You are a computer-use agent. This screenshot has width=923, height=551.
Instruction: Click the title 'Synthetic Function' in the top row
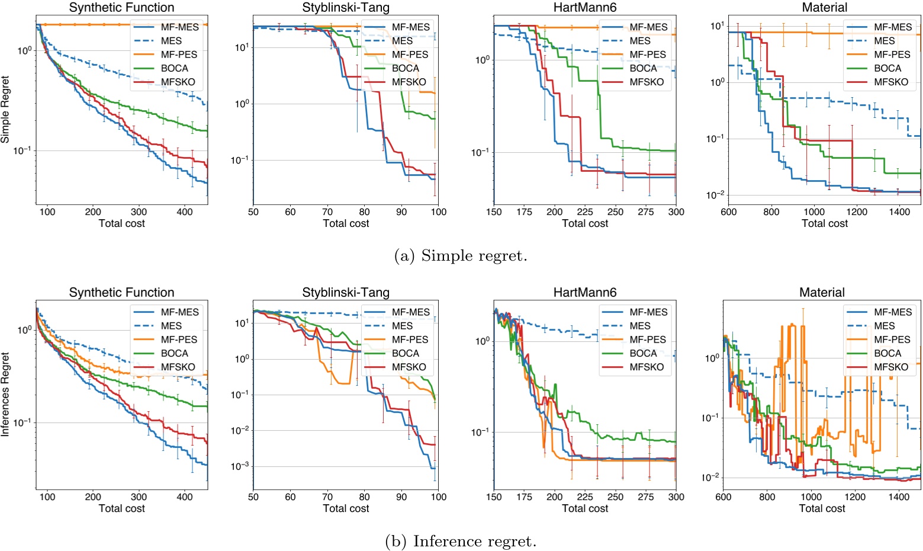point(121,8)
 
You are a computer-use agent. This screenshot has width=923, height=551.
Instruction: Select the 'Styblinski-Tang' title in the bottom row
point(346,293)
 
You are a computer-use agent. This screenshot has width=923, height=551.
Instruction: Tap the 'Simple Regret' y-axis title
point(5,110)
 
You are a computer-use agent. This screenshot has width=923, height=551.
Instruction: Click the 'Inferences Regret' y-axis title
point(5,395)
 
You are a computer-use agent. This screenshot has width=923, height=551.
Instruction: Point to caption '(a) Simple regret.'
point(460,256)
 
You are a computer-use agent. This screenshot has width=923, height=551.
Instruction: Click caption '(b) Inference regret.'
point(460,541)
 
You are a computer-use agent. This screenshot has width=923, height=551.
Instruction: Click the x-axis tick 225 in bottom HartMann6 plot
point(586,497)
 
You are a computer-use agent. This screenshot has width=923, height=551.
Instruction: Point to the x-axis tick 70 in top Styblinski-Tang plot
point(327,212)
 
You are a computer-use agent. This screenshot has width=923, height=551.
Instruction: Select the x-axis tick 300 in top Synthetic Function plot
point(139,212)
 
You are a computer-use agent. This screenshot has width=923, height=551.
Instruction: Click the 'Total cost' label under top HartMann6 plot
point(585,223)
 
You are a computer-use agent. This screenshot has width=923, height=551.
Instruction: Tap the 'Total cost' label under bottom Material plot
point(822,508)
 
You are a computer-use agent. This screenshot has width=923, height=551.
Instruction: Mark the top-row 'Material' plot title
point(824,8)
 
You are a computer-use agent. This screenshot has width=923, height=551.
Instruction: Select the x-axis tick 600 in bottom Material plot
point(723,497)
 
